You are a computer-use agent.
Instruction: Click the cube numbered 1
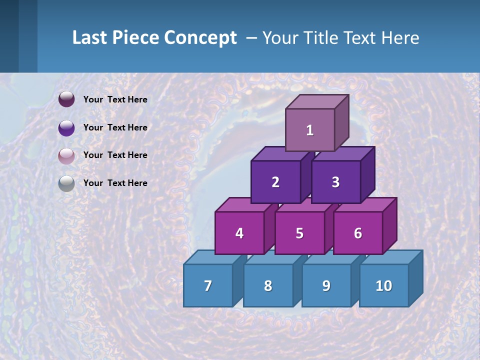(310, 130)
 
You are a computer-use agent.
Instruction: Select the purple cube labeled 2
(275, 182)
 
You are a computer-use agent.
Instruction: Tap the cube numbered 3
(336, 182)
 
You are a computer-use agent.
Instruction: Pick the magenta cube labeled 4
(239, 233)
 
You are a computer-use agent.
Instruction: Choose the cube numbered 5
(299, 233)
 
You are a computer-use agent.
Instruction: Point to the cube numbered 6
(358, 233)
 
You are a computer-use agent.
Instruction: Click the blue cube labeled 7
(208, 285)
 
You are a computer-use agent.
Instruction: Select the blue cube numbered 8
(268, 285)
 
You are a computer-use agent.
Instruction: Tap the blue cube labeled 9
(326, 285)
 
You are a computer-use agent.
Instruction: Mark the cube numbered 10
(384, 285)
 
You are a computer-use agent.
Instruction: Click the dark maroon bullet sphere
(66, 99)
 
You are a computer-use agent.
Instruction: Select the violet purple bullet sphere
(66, 128)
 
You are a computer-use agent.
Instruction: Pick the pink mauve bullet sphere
(66, 156)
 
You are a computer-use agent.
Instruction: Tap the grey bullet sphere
(66, 184)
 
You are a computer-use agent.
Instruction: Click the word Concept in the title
(200, 38)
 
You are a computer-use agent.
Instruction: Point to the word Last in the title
(90, 38)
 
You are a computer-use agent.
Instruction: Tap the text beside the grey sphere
(115, 183)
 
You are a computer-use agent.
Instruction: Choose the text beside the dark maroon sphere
(115, 99)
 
